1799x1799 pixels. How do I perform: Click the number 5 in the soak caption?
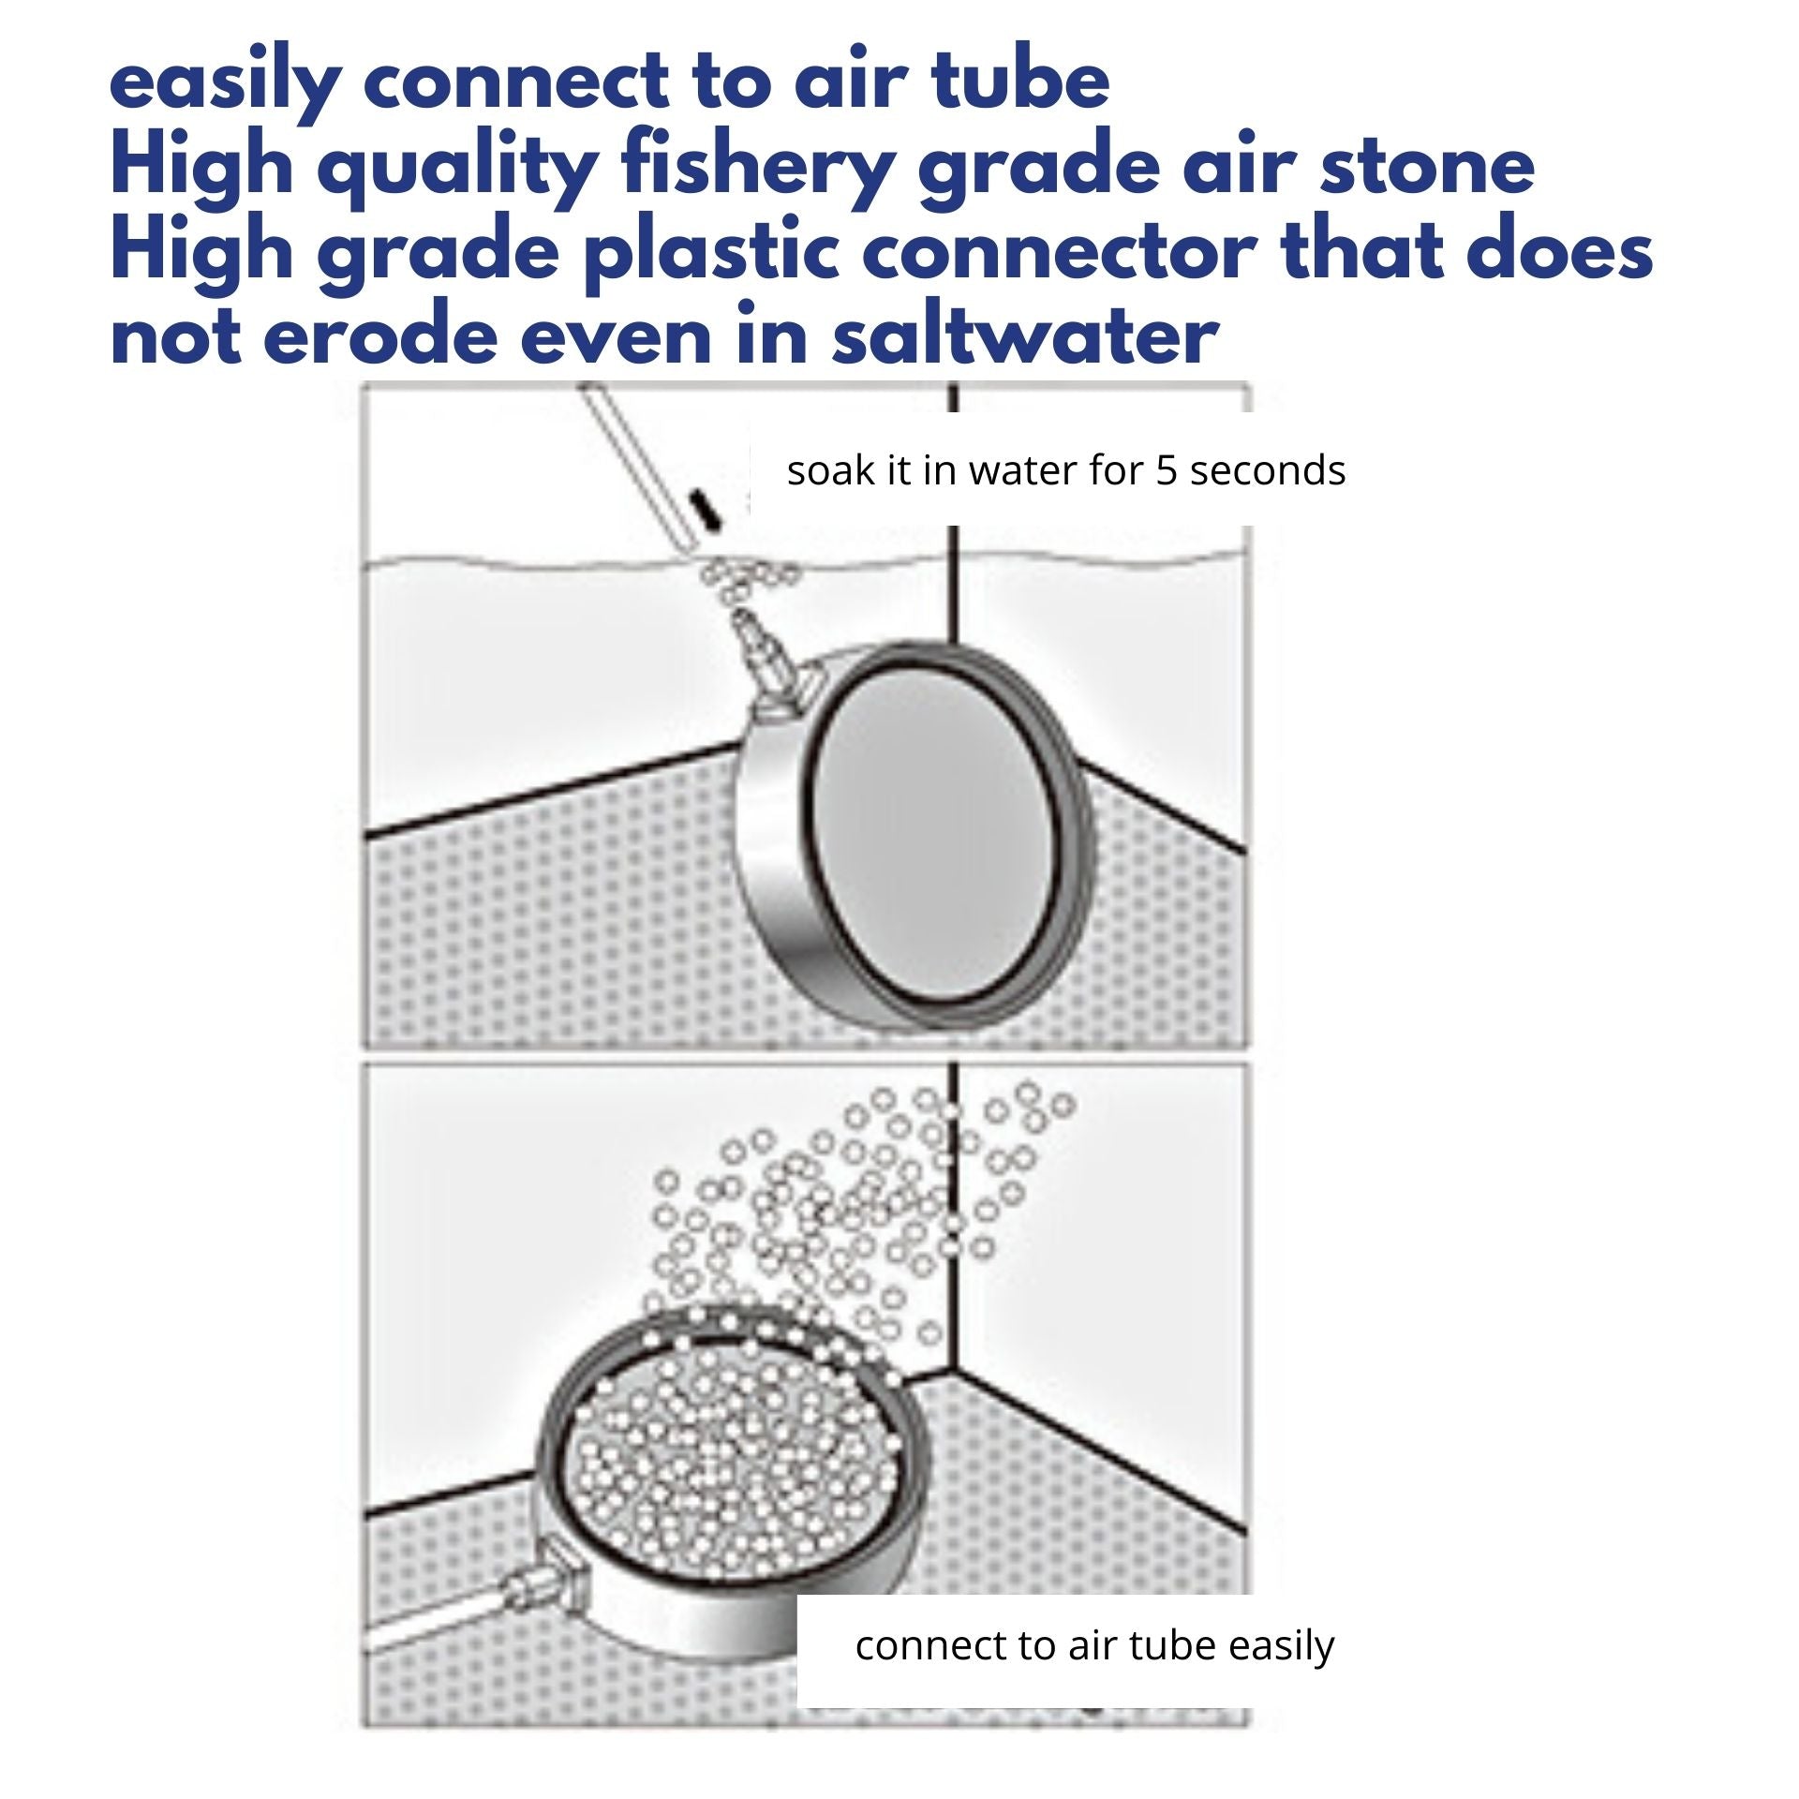pos(1166,471)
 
